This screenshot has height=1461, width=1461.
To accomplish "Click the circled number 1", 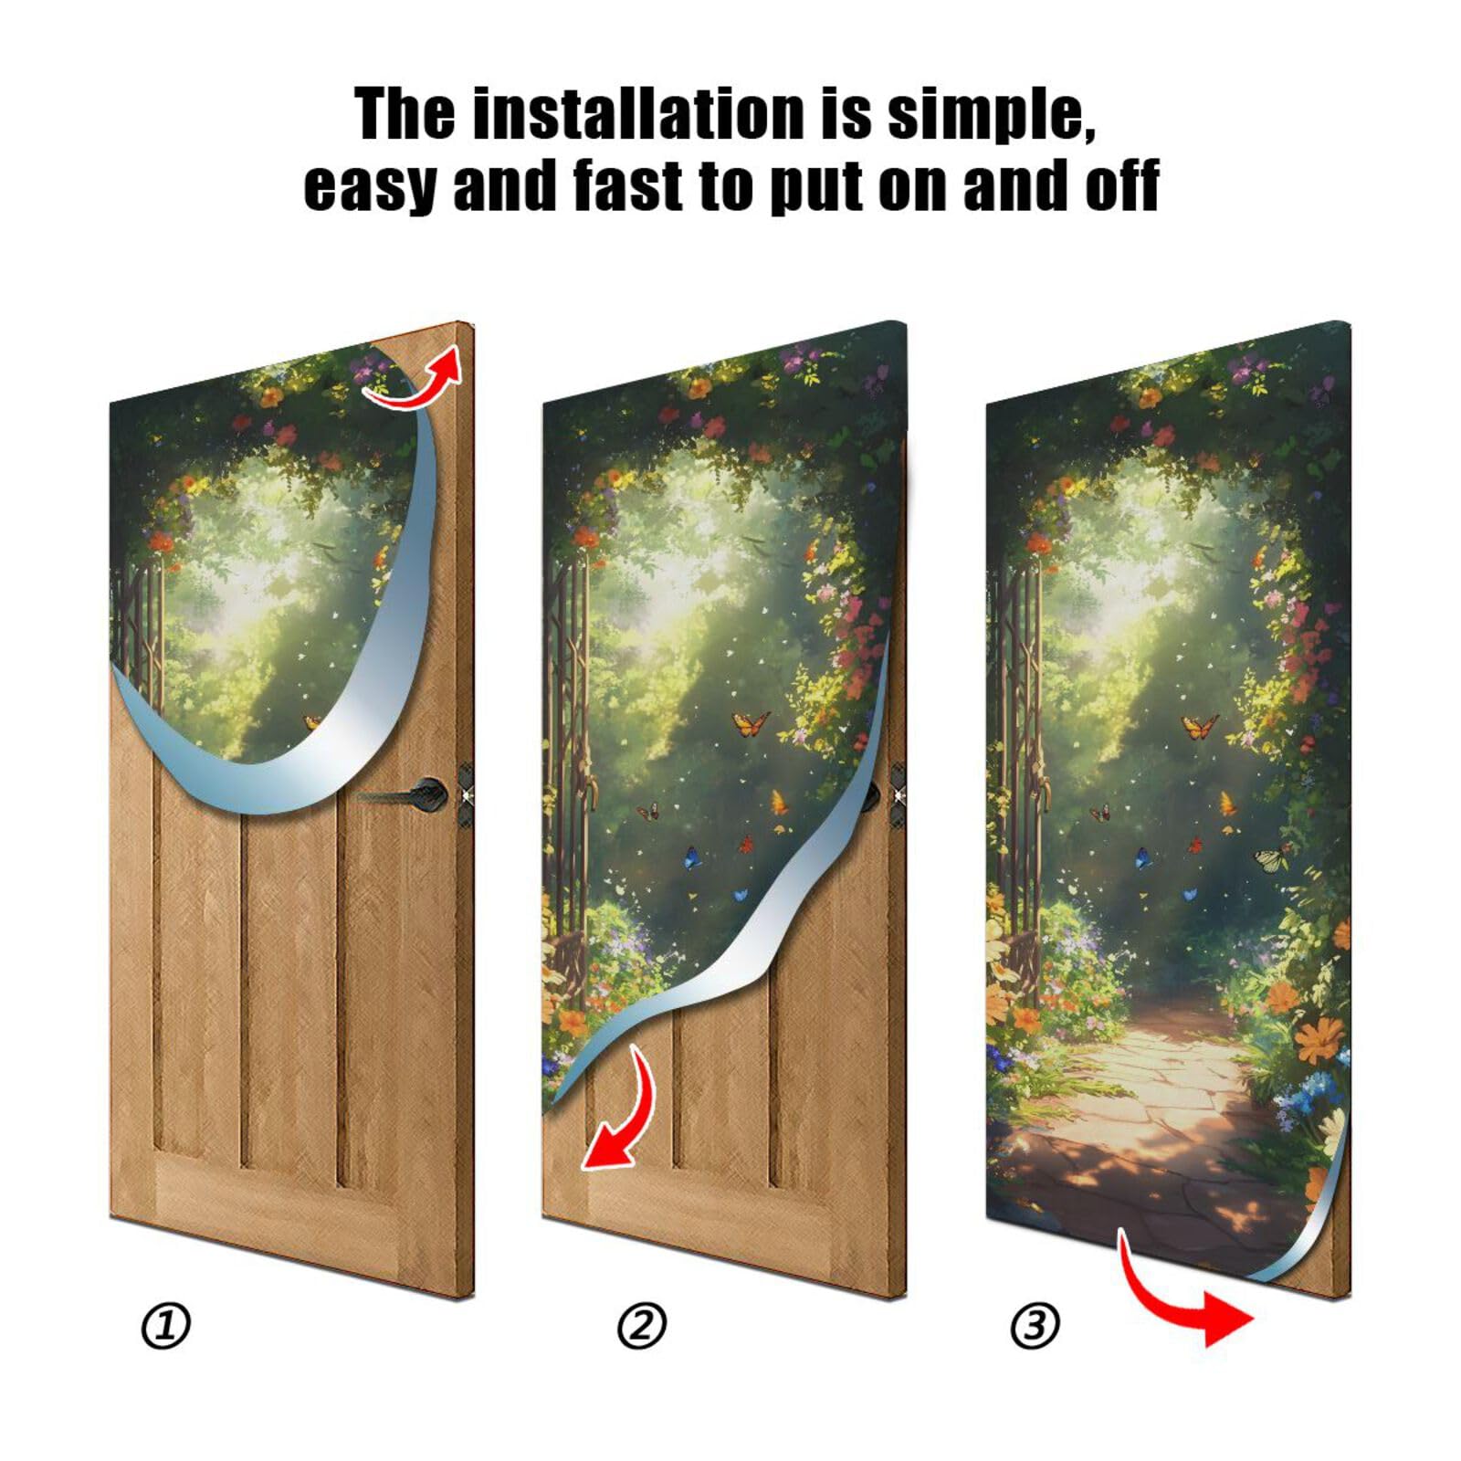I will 165,1325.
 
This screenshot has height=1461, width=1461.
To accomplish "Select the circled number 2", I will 642,1325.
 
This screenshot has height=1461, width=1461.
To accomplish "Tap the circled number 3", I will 1035,1325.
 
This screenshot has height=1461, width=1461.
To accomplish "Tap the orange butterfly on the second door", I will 751,725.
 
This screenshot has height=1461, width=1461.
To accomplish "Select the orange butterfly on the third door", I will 1199,727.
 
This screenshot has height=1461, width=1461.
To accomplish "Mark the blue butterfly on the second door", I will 695,857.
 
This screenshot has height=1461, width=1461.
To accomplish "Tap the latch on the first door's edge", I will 466,783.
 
